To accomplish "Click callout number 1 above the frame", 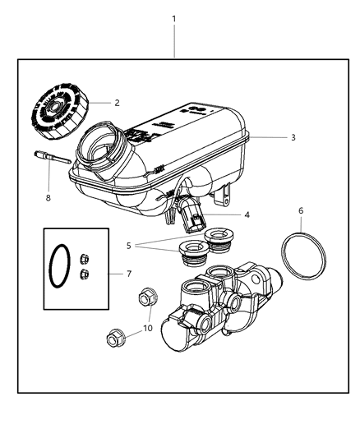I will pyautogui.click(x=174, y=18).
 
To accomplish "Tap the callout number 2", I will pyautogui.click(x=117, y=103).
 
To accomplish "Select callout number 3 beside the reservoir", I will pyautogui.click(x=293, y=137).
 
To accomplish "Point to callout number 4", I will pyautogui.click(x=247, y=215).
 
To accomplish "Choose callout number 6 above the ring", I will pyautogui.click(x=301, y=210).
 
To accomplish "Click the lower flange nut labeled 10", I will pyautogui.click(x=115, y=339).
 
